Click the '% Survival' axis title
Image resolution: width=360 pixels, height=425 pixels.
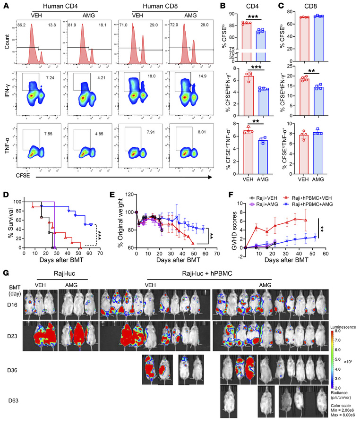[x=6, y=213]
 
